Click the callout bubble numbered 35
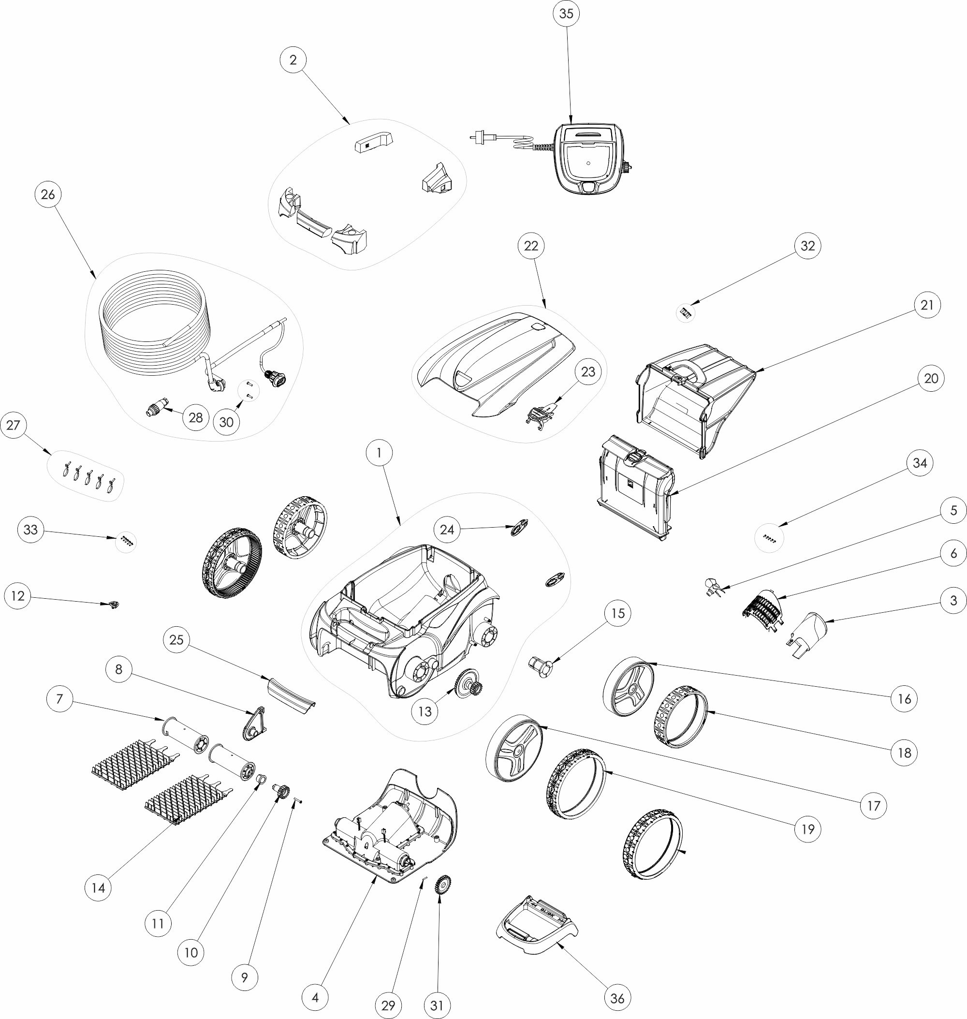[x=566, y=14]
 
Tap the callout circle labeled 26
[x=48, y=194]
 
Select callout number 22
[x=531, y=246]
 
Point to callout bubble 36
[x=617, y=998]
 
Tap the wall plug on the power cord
[x=482, y=138]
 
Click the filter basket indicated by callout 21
[x=696, y=399]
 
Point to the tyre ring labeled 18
[x=680, y=717]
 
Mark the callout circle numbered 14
[x=98, y=887]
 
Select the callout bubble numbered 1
[x=380, y=453]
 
